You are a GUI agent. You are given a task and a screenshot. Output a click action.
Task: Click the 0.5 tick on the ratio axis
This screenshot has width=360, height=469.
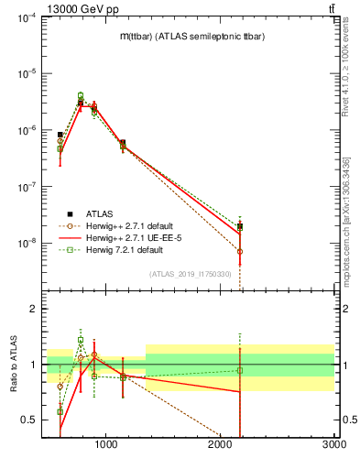pos(28,420)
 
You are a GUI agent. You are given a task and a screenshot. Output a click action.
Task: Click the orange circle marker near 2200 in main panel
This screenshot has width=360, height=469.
pos(240,251)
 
